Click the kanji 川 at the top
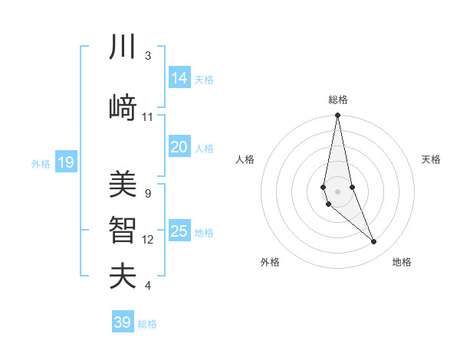(123, 47)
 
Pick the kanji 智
(123, 231)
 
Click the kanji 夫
(123, 276)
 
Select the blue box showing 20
(179, 147)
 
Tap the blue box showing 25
(179, 231)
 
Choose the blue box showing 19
(66, 162)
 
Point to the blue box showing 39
(123, 322)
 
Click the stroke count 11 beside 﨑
(148, 117)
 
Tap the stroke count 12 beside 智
(148, 240)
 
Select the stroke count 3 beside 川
(148, 56)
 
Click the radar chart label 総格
(337, 100)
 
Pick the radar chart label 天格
(432, 159)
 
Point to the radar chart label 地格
(402, 262)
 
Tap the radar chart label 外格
(270, 262)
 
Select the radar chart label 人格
(245, 159)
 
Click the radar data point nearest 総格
(337, 116)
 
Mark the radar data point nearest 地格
(374, 242)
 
